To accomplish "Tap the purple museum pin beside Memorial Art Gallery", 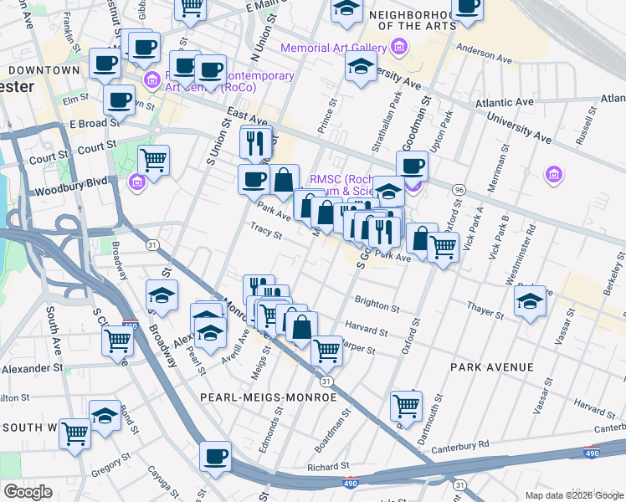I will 401,49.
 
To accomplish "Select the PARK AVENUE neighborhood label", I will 491,367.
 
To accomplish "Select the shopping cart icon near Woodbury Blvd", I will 153,158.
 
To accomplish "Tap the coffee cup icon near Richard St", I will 216,456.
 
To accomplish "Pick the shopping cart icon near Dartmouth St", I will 407,405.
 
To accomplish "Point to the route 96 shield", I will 459,190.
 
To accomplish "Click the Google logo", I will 28,492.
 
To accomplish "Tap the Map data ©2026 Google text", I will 573,495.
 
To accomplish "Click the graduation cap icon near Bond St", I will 105,415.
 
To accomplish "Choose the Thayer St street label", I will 486,310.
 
